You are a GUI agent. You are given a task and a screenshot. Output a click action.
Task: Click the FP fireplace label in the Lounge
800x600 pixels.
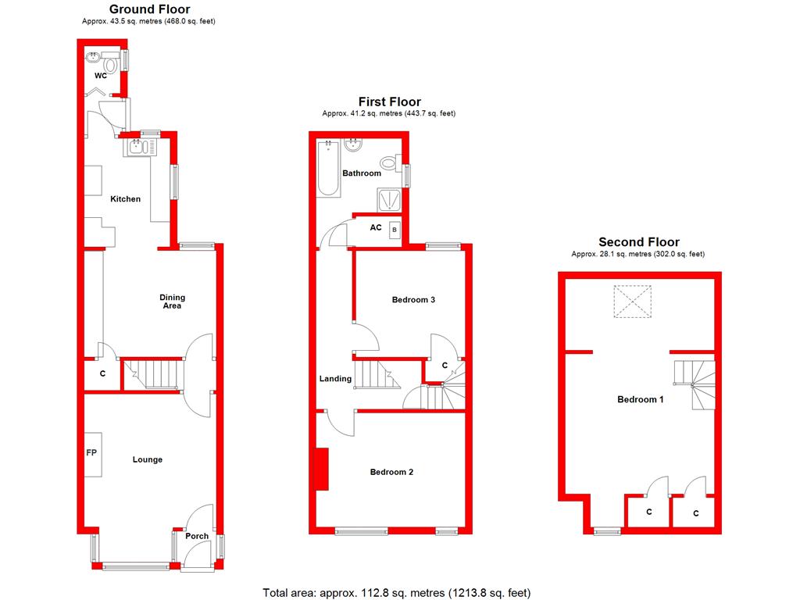(x=91, y=452)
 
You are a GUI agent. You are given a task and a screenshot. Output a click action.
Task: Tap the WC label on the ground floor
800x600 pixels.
(x=101, y=77)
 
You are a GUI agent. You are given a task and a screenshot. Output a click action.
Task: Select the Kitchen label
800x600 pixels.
(x=125, y=199)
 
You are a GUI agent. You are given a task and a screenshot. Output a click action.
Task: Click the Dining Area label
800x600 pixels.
(x=172, y=302)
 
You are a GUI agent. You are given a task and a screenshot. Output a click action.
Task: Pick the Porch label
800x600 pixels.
(x=197, y=536)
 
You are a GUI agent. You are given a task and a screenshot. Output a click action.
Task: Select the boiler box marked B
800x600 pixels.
(x=395, y=230)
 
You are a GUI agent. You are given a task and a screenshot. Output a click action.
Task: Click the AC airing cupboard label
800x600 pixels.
(x=376, y=228)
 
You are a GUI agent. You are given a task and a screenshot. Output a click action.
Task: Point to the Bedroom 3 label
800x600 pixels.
(x=413, y=300)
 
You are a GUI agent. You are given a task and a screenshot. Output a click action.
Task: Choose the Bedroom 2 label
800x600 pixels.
(x=391, y=472)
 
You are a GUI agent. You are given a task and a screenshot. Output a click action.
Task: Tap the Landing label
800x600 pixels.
(x=335, y=379)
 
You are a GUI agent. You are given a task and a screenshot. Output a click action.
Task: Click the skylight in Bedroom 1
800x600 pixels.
(x=632, y=303)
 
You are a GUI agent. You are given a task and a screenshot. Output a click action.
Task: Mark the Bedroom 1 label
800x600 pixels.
(x=641, y=400)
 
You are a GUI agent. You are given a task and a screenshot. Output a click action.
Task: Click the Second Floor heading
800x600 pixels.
(x=639, y=242)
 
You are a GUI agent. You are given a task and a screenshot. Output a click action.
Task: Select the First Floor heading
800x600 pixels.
(x=389, y=102)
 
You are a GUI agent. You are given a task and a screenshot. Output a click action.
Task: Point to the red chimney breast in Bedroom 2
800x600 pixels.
(x=321, y=470)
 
